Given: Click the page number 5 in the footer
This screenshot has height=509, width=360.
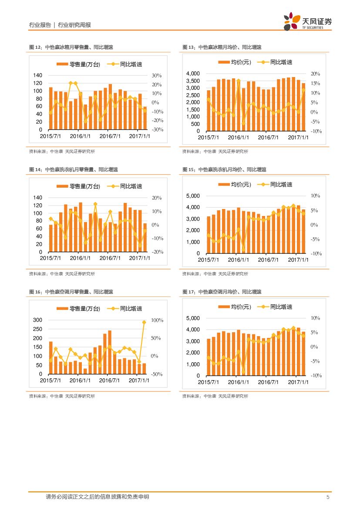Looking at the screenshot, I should [327, 497].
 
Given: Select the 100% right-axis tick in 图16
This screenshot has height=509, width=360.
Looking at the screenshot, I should [157, 320].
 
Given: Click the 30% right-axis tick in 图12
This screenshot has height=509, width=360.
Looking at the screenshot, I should [157, 75].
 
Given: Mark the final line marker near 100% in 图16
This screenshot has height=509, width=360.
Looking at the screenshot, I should [144, 322].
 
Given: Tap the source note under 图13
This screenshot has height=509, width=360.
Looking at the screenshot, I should [215, 152].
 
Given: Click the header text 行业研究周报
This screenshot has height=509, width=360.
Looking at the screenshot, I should [74, 25].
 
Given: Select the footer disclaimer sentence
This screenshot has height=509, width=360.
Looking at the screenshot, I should [97, 497].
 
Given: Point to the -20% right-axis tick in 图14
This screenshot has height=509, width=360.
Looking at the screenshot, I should [157, 252].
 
